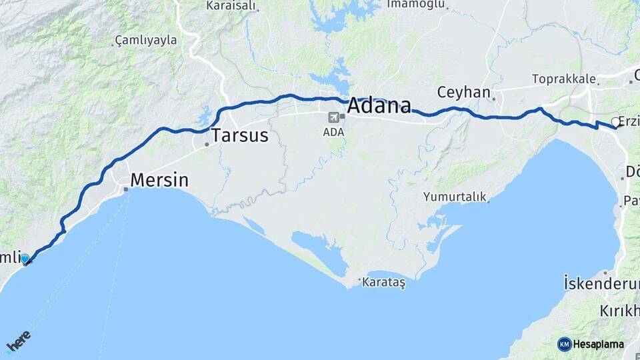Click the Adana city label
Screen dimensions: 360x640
click(x=379, y=106)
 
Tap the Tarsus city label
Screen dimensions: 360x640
click(x=240, y=136)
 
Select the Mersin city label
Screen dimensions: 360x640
click(x=159, y=179)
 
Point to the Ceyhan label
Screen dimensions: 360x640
click(x=463, y=92)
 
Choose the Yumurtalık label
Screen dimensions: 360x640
click(x=455, y=197)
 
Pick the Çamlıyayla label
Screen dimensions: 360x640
click(x=146, y=40)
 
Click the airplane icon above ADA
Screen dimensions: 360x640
click(x=333, y=117)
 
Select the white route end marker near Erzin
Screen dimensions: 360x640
click(x=615, y=122)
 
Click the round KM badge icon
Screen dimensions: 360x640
click(x=564, y=344)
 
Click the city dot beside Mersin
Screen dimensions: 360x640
click(x=126, y=189)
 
